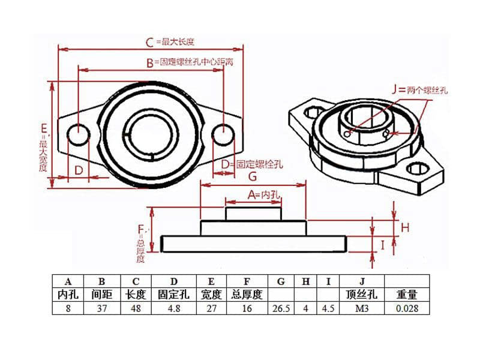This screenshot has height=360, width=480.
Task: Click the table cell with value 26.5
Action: pos(280,308)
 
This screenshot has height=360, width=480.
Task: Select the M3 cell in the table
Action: pos(361,308)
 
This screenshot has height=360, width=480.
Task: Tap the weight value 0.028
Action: pos(407,308)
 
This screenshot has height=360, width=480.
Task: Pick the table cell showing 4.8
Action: pos(174,308)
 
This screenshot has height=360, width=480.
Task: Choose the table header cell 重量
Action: pos(407,295)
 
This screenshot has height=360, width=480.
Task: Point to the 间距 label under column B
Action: pos(101,295)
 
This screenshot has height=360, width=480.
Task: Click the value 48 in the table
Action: pos(136,308)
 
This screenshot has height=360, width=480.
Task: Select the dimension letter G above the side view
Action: pos(252,176)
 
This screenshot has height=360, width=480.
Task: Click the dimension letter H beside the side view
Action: pos(405,227)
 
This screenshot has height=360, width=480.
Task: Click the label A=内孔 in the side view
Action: pos(264,195)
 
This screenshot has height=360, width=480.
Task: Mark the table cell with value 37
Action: pos(101,308)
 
